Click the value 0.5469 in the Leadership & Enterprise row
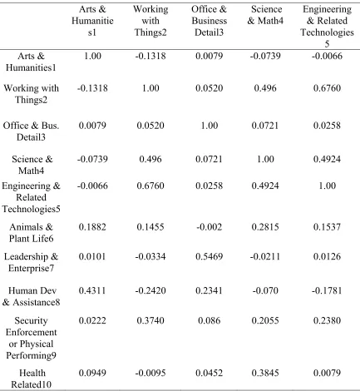(x=209, y=256)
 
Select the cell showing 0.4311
(x=92, y=290)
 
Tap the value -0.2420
(x=150, y=290)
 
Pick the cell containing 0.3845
(x=265, y=373)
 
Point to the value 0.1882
(x=92, y=227)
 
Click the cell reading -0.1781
(x=327, y=290)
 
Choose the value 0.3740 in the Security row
(x=150, y=320)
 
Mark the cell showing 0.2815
(x=265, y=227)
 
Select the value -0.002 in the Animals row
(x=210, y=227)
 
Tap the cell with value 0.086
(x=210, y=320)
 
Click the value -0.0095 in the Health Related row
(x=150, y=373)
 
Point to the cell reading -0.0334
(x=150, y=256)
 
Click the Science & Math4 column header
(x=265, y=15)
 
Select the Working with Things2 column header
(x=150, y=21)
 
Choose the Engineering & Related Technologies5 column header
(x=327, y=27)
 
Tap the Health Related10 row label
(x=31, y=379)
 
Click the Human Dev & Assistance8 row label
(x=31, y=296)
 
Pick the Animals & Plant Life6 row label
(x=31, y=233)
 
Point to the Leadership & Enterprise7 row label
(x=31, y=262)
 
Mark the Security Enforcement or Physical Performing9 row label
(x=31, y=338)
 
